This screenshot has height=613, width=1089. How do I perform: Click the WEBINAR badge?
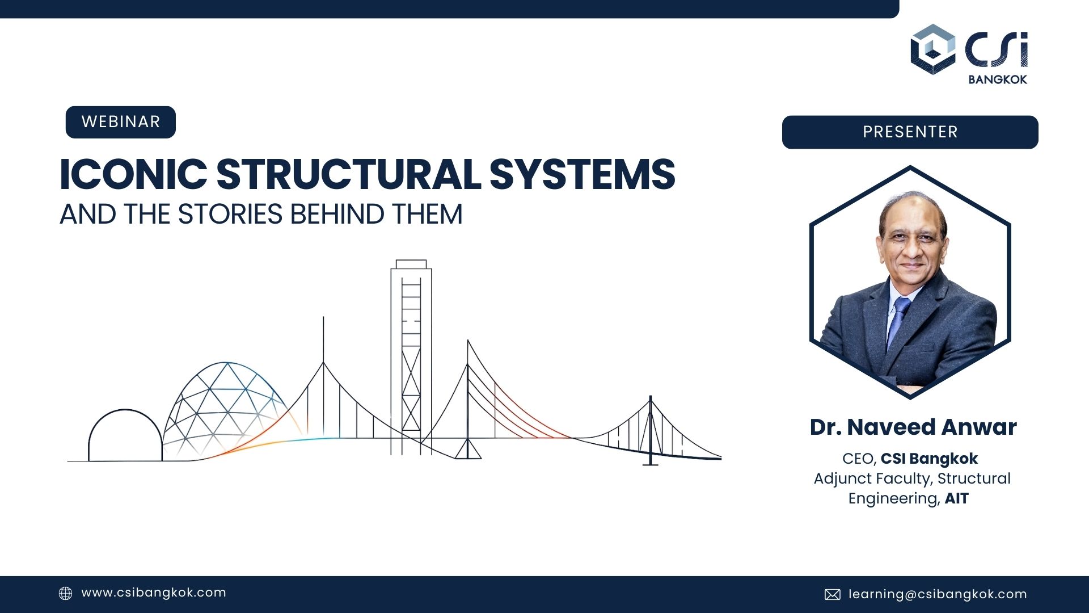pyautogui.click(x=120, y=122)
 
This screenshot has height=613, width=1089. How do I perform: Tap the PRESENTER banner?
pyautogui.click(x=910, y=132)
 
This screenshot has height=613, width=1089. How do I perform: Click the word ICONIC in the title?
pyautogui.click(x=133, y=174)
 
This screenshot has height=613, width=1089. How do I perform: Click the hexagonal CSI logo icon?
pyautogui.click(x=932, y=49)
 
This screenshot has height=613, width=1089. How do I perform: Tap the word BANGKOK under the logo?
pyautogui.click(x=998, y=79)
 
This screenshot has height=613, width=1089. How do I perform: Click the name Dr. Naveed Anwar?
pyautogui.click(x=913, y=427)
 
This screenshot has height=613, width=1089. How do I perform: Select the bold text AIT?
pyautogui.click(x=957, y=498)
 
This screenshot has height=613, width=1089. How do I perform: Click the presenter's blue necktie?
pyautogui.click(x=898, y=321)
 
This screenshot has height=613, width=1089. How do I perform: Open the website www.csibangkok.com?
pyautogui.click(x=154, y=593)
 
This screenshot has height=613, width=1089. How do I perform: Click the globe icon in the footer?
pyautogui.click(x=66, y=594)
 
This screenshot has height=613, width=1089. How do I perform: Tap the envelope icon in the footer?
pyautogui.click(x=832, y=594)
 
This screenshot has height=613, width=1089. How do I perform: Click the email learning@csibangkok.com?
pyautogui.click(x=938, y=594)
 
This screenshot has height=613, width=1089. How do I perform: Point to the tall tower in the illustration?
pyautogui.click(x=411, y=358)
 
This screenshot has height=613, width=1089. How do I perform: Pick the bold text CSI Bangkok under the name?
pyautogui.click(x=929, y=459)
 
